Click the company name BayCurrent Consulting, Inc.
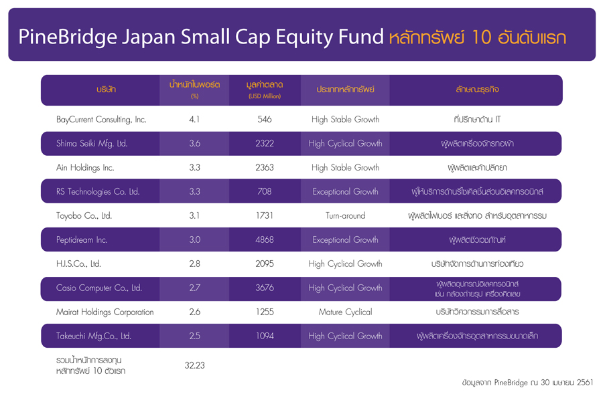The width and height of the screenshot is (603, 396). pos(101,120)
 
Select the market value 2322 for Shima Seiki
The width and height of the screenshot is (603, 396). pos(265,144)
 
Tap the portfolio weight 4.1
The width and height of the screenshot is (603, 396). pos(194,120)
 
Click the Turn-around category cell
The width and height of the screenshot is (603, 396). pos(345,216)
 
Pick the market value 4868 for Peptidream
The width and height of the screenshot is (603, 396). pos(265,239)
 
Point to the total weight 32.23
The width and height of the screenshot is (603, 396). pos(194,365)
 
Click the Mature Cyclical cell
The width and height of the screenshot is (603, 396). pos(345,312)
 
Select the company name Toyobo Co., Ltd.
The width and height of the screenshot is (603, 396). pos(84,216)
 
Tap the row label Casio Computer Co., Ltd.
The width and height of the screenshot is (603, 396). pos(99,288)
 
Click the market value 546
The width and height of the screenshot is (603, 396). pos(265,120)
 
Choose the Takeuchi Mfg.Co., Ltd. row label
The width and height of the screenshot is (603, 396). pos(94,336)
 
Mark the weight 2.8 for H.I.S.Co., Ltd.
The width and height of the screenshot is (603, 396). pos(194,264)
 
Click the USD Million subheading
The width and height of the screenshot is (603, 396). pos(265,96)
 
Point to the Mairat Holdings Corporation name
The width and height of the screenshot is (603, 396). pos(105,312)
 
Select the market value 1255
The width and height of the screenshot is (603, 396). pos(265,312)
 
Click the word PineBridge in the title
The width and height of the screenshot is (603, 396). pos(68,37)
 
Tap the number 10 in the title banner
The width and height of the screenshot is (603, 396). pos(481,37)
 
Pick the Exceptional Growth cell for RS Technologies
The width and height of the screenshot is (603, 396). pos(345,192)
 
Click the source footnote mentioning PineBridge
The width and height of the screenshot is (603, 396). pos(528,383)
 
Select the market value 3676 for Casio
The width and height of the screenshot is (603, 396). pos(265,288)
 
